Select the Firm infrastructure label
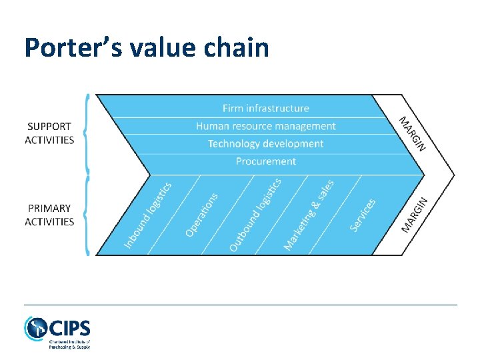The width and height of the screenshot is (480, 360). click(x=265, y=108)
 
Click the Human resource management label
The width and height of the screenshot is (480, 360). click(x=265, y=126)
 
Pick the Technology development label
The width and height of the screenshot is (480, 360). click(x=265, y=143)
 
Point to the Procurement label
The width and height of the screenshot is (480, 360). click(x=265, y=161)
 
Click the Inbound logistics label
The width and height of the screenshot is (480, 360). click(x=148, y=215)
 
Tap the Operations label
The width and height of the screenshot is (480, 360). click(x=201, y=214)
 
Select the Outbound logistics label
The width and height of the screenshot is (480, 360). click(x=255, y=215)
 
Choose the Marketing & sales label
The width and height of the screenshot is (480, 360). click(x=309, y=215)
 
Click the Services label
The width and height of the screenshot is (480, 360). click(x=363, y=215)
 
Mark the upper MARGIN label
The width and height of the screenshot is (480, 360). click(x=412, y=133)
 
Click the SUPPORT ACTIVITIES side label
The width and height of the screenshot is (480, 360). click(x=49, y=133)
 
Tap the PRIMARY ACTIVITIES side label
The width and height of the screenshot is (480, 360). click(x=49, y=215)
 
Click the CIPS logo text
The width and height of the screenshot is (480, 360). click(x=69, y=329)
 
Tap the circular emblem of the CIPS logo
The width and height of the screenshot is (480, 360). click(x=35, y=329)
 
